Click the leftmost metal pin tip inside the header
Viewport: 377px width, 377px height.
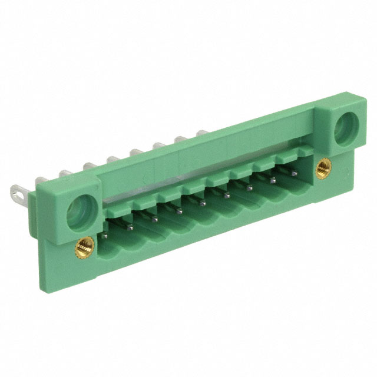[105, 235]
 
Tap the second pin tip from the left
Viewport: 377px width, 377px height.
[130, 227]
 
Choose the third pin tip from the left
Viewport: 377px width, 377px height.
[154, 219]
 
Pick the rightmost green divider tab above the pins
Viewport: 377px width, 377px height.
[305, 151]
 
